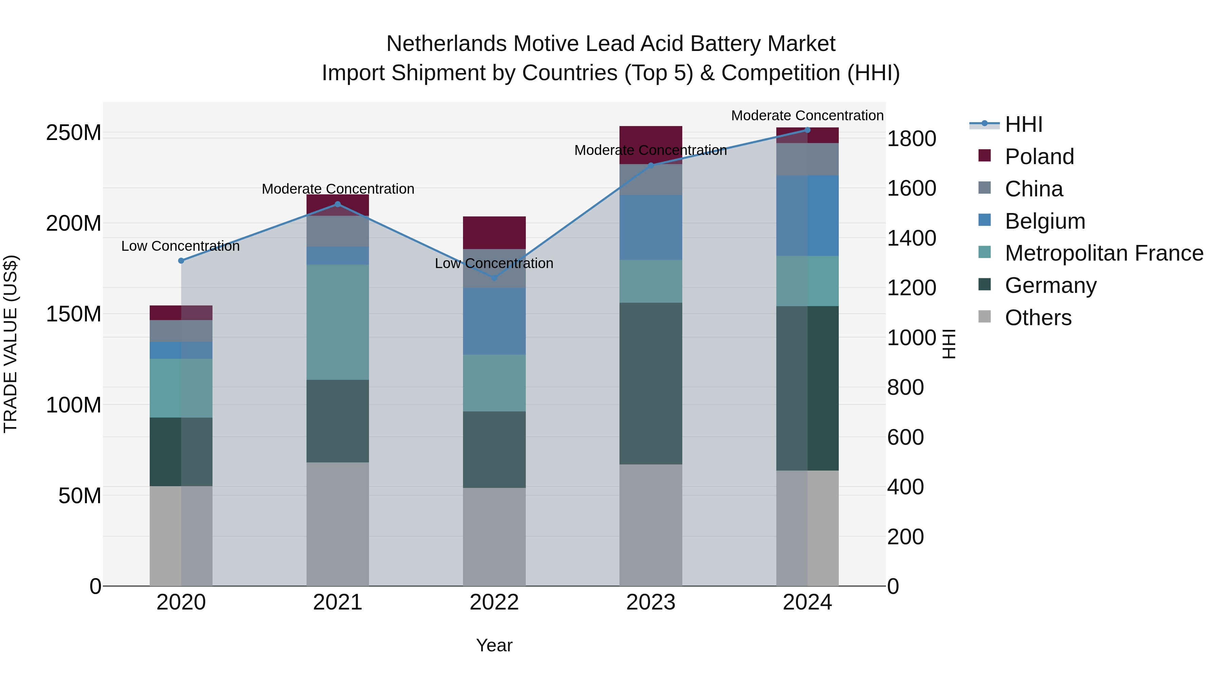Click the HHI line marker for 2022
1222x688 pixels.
click(494, 278)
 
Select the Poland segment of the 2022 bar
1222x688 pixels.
click(494, 233)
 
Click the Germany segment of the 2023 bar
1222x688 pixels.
click(650, 383)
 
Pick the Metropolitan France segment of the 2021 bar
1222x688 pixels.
click(337, 322)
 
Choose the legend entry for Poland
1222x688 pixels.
click(1039, 157)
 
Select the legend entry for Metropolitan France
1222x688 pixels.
click(1104, 253)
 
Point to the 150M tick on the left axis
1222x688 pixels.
click(74, 314)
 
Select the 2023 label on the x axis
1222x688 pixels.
click(650, 602)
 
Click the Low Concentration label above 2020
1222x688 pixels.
click(180, 246)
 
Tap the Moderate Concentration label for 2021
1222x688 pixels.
click(338, 189)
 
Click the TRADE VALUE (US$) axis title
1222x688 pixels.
click(11, 344)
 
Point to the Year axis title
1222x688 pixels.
click(494, 645)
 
